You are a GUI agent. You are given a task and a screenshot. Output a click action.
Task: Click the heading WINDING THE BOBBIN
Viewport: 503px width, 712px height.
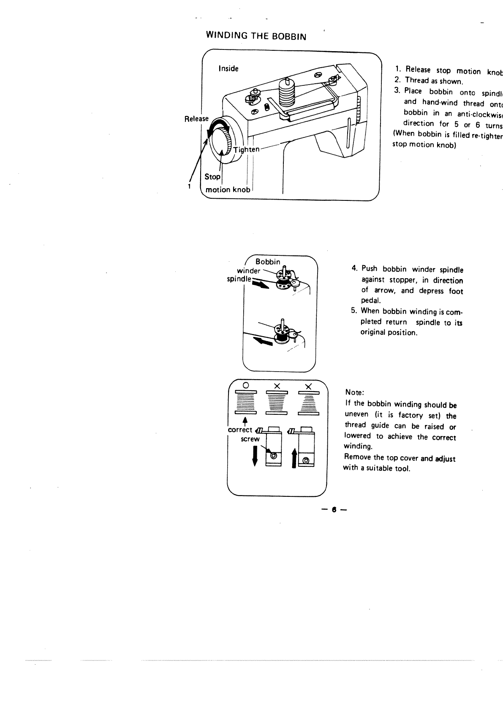[256, 36]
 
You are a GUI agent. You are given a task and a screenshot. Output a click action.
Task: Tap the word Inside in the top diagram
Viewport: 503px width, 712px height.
[228, 68]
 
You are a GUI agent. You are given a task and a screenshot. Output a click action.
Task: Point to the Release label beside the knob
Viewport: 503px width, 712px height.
[196, 119]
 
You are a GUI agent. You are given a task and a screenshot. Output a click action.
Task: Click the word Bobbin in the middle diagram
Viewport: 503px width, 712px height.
[268, 262]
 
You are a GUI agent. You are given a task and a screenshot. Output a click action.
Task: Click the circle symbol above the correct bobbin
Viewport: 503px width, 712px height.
[245, 385]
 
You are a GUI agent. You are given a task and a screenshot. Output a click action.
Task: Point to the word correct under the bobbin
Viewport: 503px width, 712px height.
[240, 430]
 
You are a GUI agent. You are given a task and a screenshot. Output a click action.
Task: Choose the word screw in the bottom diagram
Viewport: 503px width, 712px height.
[250, 439]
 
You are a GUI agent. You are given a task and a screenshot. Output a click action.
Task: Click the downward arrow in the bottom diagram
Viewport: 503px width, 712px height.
[254, 455]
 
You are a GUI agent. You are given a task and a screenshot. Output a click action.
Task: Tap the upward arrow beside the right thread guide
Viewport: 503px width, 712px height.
[294, 459]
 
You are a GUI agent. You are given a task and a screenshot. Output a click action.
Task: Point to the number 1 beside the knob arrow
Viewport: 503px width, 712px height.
[190, 186]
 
